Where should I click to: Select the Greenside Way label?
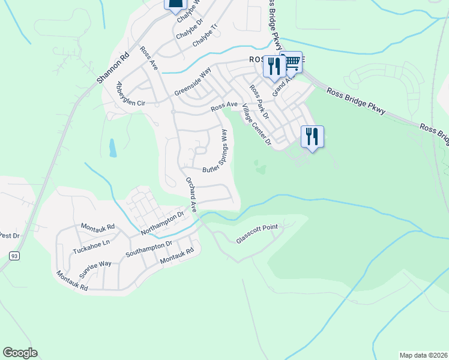[x=193, y=82]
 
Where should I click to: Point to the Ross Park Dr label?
[x=259, y=100]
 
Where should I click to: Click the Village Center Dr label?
[x=256, y=125]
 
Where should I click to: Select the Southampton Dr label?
[x=148, y=249]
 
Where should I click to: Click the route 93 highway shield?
[x=13, y=256]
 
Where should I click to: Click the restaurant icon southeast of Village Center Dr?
[x=312, y=136]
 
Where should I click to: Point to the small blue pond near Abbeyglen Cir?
[x=113, y=148]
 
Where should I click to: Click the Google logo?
[x=20, y=353]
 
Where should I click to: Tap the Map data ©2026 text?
[x=423, y=355]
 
